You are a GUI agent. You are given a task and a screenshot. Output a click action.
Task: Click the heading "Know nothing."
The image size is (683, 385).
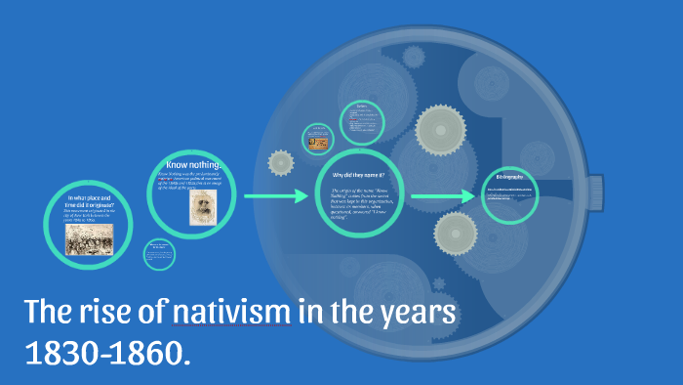(x=195, y=165)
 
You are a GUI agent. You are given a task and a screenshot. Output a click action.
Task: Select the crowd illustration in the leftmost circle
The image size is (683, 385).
(x=89, y=237)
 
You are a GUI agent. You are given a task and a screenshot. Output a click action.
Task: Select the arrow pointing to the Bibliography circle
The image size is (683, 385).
(x=443, y=197)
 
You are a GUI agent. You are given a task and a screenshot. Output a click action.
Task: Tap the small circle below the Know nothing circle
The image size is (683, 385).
(x=159, y=255)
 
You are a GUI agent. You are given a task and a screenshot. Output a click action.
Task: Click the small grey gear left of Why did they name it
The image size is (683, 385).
(x=281, y=162)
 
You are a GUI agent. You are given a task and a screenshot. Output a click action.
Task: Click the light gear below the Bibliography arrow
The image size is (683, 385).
(x=455, y=233)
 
